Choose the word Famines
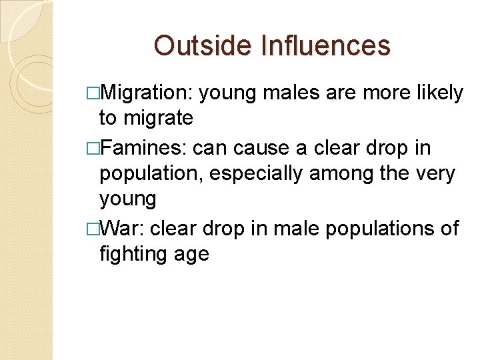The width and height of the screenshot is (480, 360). pos(144,148)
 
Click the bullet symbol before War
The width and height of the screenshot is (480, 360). pos(93,229)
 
